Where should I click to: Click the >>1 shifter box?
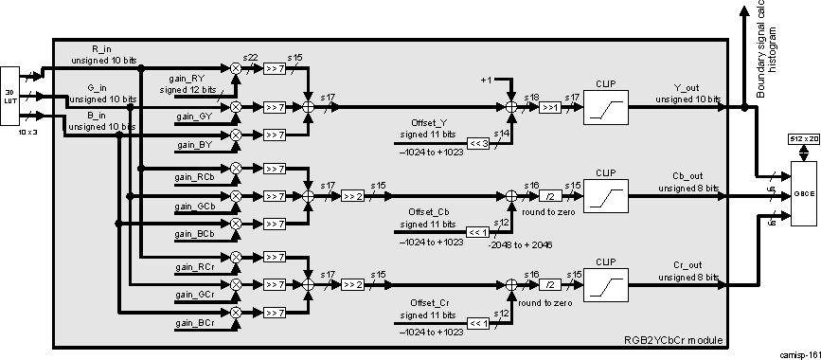(x=549, y=108)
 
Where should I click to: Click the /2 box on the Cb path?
(x=549, y=197)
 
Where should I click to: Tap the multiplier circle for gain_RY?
(x=236, y=69)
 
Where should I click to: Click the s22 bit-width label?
(x=250, y=58)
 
